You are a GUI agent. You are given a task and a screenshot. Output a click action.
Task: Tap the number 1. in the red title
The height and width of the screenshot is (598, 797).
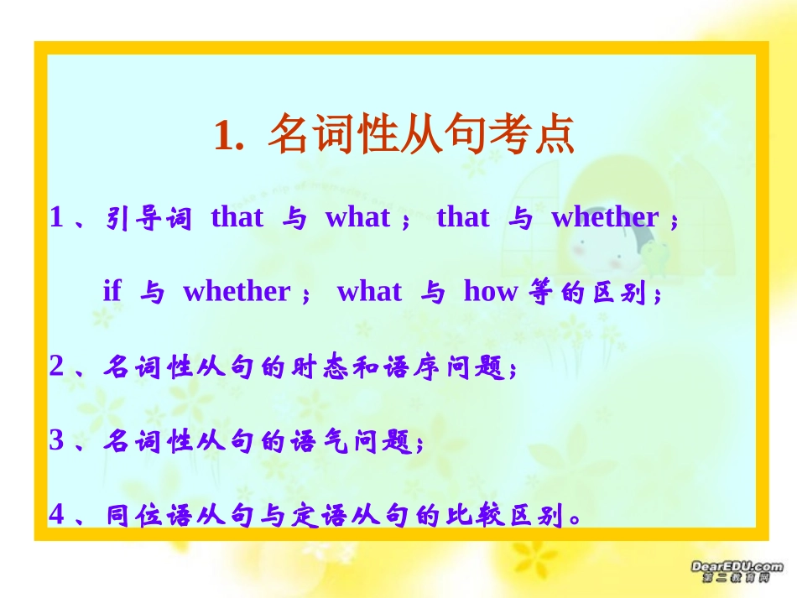pos(228,137)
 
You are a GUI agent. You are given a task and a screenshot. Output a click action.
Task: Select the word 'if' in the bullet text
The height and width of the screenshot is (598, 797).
pos(112,291)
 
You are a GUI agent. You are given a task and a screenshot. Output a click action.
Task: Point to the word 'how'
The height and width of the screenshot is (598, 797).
pos(490,291)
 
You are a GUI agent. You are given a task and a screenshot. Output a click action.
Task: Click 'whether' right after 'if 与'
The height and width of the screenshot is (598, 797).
pos(236,291)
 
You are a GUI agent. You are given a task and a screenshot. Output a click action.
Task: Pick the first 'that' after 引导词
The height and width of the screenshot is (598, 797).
pos(237,218)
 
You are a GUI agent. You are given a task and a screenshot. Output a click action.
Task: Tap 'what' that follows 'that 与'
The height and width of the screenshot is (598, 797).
pos(357,218)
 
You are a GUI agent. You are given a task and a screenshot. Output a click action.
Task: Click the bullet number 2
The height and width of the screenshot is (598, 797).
pos(57,367)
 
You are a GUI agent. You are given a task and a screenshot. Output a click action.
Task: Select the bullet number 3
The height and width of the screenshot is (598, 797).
pos(57,440)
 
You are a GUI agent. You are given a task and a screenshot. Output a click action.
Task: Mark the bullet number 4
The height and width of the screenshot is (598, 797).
pos(57,514)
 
